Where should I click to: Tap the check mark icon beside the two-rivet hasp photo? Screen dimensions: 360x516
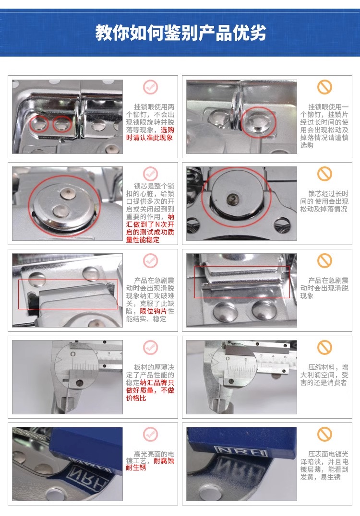[x=151, y=87]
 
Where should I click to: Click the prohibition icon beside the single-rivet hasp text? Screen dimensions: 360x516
[x=324, y=87]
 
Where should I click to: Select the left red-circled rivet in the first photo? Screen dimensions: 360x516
[x=40, y=124]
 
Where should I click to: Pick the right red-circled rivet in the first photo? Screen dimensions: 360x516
[x=62, y=124]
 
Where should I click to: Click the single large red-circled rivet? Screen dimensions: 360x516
[x=259, y=121]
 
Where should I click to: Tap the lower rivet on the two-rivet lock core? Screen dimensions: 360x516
[x=60, y=211]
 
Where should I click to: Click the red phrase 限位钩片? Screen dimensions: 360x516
[x=154, y=311]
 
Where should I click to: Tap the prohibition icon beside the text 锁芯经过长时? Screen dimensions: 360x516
[x=324, y=174]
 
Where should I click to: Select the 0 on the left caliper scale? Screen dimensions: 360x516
[x=73, y=354]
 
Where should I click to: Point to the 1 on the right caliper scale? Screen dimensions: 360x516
[x=245, y=360]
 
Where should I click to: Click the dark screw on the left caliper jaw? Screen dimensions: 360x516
[x=79, y=383]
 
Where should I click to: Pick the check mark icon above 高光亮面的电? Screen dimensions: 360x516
[x=151, y=434]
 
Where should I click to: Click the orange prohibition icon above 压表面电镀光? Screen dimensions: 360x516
[x=324, y=434]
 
